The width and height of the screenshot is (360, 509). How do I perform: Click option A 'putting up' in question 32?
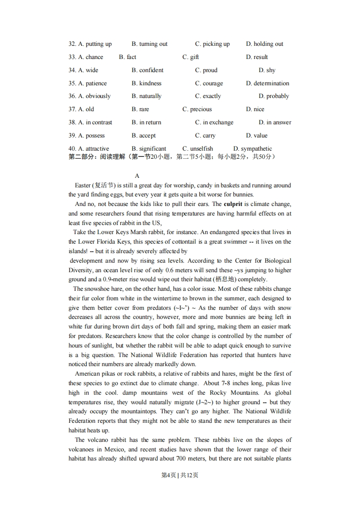click(95, 44)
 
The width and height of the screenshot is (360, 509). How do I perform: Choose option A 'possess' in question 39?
click(91, 136)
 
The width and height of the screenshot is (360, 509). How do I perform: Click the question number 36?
click(72, 96)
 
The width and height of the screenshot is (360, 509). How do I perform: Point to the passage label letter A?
click(137, 176)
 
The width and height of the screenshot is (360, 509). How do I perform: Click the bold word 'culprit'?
click(236, 204)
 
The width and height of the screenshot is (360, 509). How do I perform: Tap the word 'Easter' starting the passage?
click(83, 185)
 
